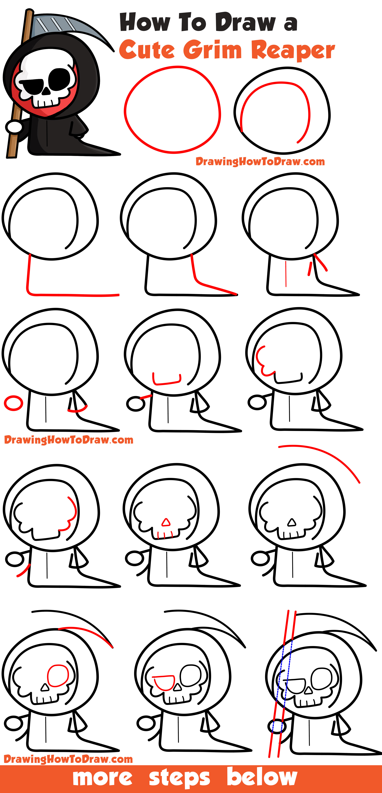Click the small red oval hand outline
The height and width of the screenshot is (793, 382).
(x=13, y=403)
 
